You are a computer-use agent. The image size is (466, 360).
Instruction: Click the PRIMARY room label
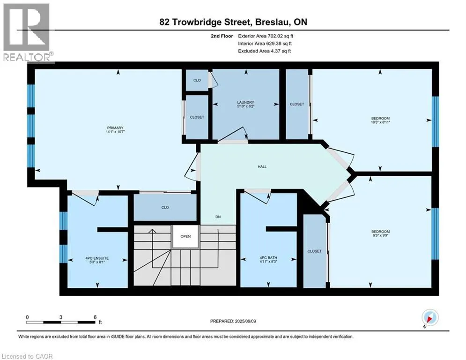tap(115, 128)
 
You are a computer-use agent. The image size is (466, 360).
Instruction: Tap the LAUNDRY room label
tap(246, 102)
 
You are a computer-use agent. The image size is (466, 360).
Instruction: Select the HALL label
tap(262, 166)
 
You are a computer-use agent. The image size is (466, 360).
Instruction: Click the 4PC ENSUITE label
tap(97, 258)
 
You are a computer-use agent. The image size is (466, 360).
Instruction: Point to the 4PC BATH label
tap(268, 258)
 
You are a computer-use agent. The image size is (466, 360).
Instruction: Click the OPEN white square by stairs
tap(186, 237)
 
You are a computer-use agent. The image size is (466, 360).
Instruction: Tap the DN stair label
tap(218, 217)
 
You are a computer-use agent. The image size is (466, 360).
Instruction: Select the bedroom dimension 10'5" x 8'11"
tap(380, 122)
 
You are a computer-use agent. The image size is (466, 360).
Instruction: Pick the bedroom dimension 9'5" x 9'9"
tap(380, 235)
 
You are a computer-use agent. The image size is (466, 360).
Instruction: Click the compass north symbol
tap(429, 318)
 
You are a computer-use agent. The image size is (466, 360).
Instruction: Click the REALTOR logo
tap(27, 33)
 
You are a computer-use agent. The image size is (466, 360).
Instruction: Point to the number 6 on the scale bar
tap(95, 317)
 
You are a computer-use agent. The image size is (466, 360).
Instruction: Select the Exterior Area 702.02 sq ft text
tap(266, 36)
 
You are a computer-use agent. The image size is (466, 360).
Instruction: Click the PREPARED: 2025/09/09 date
tap(233, 321)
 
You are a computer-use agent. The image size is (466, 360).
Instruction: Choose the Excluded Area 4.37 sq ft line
tap(264, 51)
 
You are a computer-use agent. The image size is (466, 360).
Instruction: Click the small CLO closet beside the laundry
tap(197, 80)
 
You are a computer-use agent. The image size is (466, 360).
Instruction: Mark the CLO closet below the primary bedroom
tap(165, 207)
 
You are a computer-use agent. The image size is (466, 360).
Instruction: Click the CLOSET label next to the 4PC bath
tap(314, 251)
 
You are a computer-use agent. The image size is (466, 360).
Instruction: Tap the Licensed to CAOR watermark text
tap(27, 356)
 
